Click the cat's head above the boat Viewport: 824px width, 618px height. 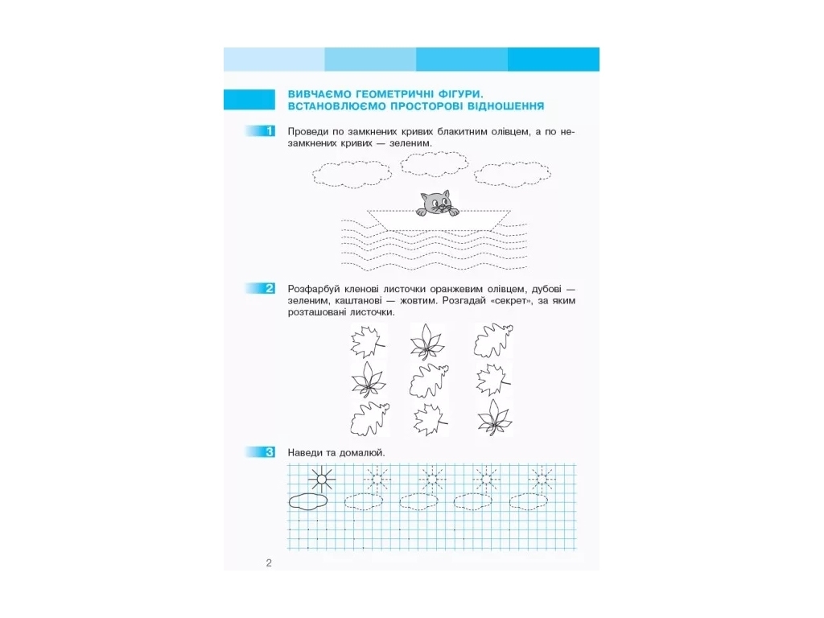436,202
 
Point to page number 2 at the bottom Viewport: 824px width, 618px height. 269,562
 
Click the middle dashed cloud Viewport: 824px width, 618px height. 434,164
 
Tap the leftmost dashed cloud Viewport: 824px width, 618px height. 352,174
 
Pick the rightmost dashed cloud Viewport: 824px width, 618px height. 513,174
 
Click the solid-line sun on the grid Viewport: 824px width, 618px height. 321,479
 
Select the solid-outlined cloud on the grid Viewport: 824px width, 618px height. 308,501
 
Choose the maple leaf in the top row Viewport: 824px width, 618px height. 367,341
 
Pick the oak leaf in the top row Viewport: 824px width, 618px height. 493,340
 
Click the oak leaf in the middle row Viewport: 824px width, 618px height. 429,381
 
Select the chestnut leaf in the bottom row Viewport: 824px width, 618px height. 494,418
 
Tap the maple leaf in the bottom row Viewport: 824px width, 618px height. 430,419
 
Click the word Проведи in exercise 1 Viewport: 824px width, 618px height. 308,131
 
